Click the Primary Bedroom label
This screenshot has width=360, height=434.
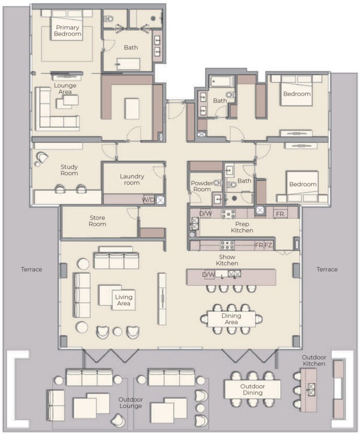click(x=69, y=30)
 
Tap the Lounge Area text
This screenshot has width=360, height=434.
click(x=66, y=89)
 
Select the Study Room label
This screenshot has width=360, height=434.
click(x=69, y=170)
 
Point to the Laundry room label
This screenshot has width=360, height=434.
click(x=132, y=180)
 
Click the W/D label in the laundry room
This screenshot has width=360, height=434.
click(x=149, y=199)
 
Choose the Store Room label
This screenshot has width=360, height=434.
click(x=97, y=221)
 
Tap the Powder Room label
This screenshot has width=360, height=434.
click(x=202, y=186)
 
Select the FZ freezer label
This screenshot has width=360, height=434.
click(x=269, y=245)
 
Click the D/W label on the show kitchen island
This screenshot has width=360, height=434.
click(x=208, y=275)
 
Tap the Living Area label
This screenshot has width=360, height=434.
click(x=124, y=300)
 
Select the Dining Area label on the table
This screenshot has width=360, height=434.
click(x=231, y=319)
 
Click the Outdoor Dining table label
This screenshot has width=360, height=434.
click(x=252, y=389)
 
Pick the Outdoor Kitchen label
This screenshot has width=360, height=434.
click(x=314, y=361)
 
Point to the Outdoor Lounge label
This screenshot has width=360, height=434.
click(x=131, y=402)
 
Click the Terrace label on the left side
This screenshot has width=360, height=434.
click(x=32, y=269)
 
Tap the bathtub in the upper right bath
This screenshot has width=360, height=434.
click(x=221, y=81)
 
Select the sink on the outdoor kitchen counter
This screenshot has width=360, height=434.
click(x=311, y=389)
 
